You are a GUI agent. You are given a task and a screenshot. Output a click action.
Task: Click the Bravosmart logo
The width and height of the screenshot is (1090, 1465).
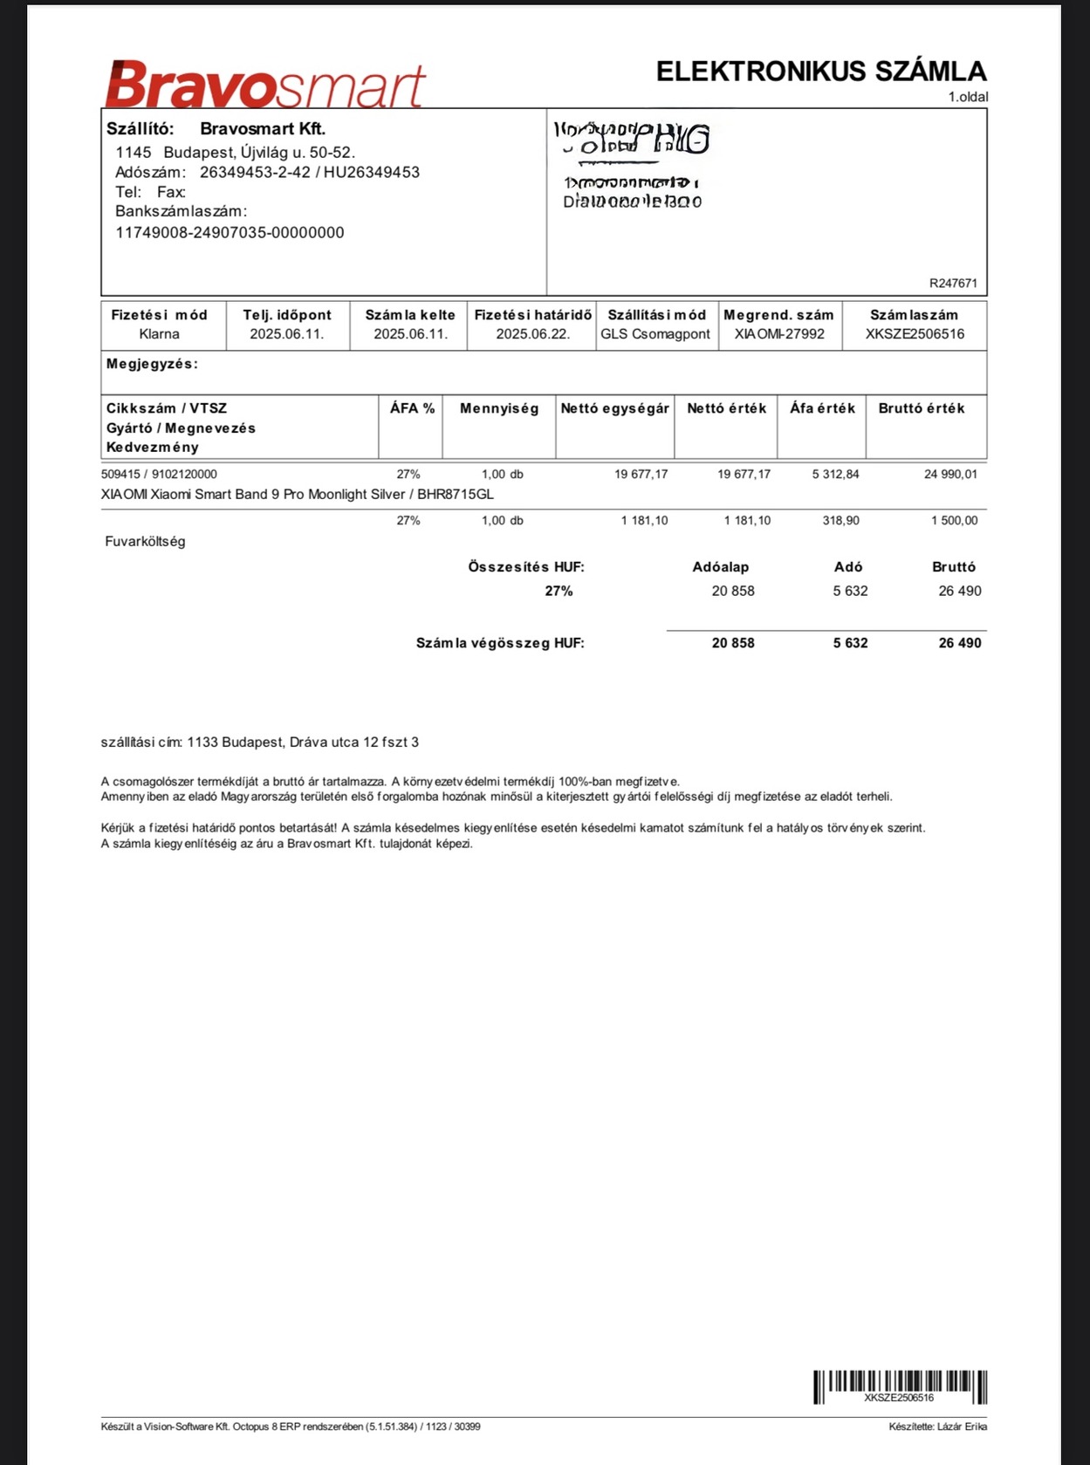[265, 85]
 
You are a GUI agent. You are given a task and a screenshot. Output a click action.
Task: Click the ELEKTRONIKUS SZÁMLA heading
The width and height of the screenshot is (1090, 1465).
[820, 72]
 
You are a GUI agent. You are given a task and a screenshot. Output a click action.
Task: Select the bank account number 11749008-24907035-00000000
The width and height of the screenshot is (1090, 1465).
[230, 233]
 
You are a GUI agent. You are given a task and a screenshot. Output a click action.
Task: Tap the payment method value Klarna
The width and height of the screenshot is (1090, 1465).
[159, 334]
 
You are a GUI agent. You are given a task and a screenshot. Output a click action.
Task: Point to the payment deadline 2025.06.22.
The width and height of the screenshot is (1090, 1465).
[532, 334]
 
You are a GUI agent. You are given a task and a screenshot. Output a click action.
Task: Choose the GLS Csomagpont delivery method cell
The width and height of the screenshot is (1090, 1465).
[655, 334]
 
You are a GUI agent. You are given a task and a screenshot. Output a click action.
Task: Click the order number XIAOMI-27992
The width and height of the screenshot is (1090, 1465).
[779, 334]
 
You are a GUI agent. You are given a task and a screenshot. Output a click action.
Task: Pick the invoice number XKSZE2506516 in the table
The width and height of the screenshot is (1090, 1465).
[915, 334]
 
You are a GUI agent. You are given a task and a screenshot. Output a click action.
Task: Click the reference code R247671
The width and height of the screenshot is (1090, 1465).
[953, 284]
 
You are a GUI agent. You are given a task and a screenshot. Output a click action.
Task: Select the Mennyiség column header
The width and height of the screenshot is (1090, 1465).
[499, 408]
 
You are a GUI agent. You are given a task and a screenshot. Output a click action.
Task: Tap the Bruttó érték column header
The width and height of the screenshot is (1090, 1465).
[922, 408]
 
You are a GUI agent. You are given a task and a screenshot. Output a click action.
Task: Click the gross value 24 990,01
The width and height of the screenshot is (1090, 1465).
[950, 475]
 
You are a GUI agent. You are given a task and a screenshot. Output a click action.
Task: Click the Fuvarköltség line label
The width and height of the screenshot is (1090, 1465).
[145, 542]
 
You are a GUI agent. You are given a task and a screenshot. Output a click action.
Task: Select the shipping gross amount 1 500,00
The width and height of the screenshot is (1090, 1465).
[954, 521]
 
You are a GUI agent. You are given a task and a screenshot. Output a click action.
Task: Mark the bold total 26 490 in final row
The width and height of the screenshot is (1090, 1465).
[959, 643]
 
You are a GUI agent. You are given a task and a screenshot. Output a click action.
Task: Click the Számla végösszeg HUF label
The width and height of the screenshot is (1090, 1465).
[500, 644]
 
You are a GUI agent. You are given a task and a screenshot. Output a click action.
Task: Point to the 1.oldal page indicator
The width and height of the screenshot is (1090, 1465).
[968, 97]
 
